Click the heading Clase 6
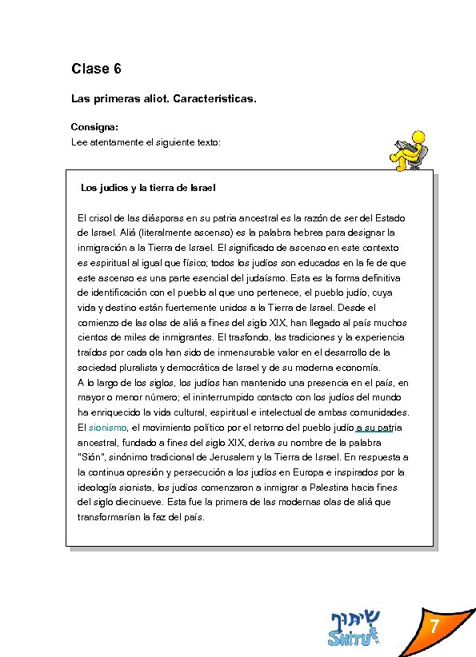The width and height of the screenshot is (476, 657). [96, 69]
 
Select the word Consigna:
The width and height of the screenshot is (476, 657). [94, 127]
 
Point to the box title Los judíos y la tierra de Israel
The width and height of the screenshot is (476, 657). [149, 189]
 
